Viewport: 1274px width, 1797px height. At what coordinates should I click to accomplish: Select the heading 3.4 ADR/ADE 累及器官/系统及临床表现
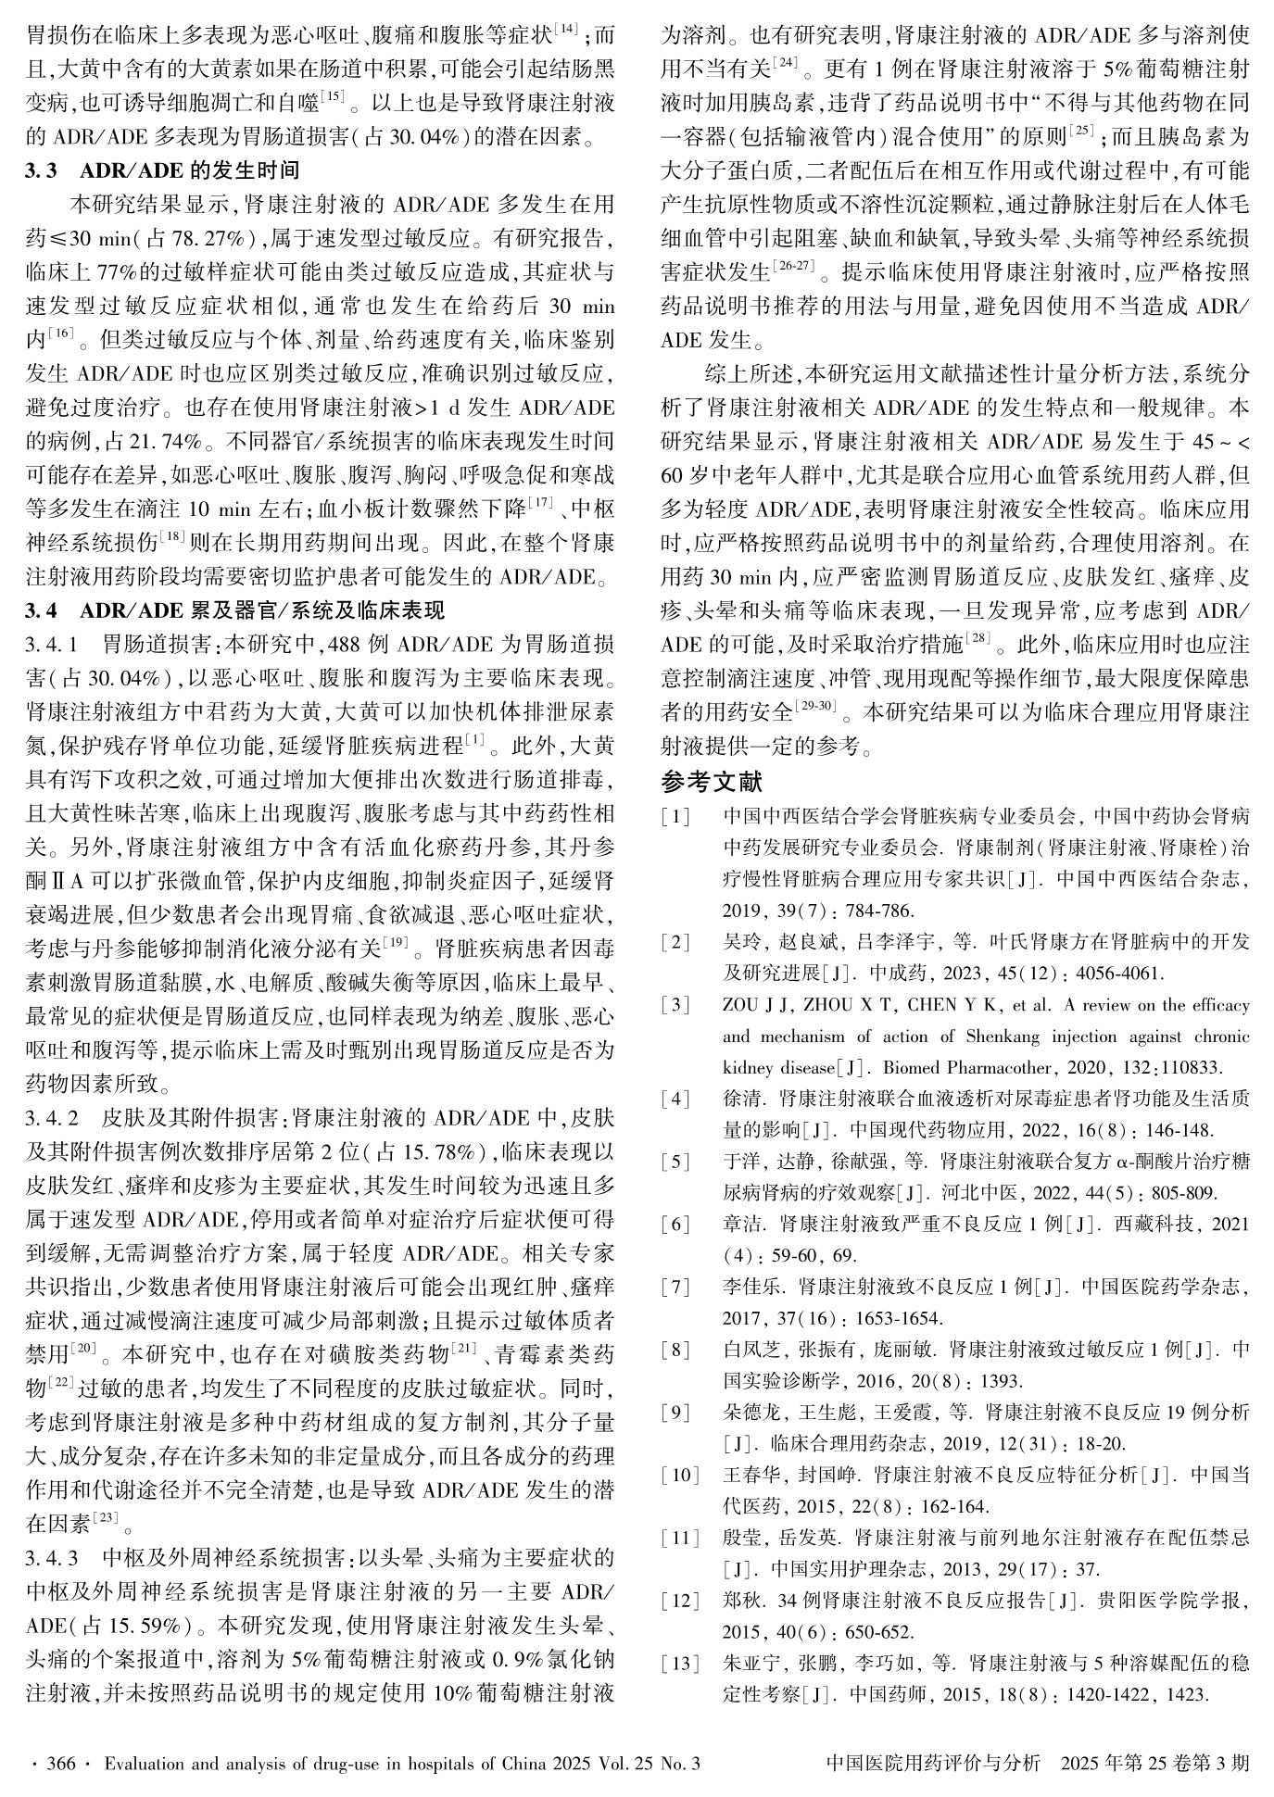235,610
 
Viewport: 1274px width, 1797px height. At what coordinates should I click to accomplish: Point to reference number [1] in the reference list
675,817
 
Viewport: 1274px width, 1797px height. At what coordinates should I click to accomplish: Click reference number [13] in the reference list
679,1664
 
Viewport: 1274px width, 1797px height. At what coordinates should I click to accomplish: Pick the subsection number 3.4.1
53,642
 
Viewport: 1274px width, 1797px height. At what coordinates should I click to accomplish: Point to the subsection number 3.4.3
53,1554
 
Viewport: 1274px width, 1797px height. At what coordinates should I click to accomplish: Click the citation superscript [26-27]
792,268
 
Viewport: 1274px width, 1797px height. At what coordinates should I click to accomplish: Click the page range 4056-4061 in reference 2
1112,974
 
